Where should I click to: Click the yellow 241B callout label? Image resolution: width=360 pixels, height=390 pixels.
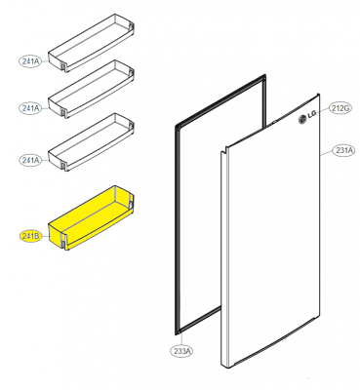pos(30,237)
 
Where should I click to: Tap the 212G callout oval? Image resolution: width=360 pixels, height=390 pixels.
pos(340,108)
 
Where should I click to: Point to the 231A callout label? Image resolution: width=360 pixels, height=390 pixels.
pos(343,150)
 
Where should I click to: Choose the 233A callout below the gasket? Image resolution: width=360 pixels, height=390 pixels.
pos(181,351)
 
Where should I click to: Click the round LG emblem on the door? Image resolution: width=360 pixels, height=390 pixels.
pos(302,120)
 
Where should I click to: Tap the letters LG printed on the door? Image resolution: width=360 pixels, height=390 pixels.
pos(311,115)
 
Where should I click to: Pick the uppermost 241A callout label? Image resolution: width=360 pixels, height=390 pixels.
pos(30,61)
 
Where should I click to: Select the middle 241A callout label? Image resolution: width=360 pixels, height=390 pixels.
pos(30,108)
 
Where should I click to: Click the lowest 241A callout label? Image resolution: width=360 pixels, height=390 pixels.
pos(30,160)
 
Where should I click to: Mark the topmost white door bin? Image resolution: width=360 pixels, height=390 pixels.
pos(91,43)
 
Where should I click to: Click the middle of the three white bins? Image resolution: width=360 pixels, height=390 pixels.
pos(91,89)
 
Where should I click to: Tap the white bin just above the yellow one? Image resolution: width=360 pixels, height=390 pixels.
pos(91,142)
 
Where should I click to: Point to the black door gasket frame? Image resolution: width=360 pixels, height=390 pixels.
pos(177,227)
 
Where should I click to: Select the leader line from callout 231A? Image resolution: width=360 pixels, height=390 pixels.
pos(326,152)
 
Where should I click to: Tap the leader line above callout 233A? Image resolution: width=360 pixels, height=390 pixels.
pos(180,339)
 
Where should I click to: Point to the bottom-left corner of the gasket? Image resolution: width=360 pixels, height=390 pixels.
pos(176,333)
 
